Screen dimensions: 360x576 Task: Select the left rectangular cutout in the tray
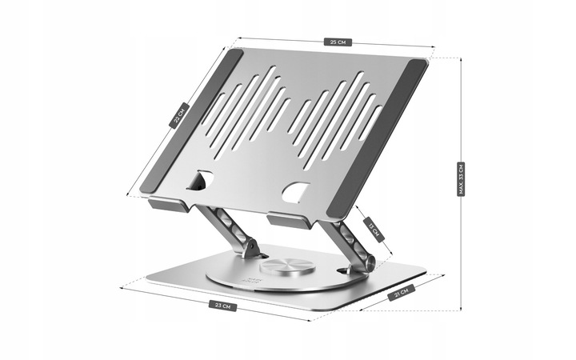tap(200, 182)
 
